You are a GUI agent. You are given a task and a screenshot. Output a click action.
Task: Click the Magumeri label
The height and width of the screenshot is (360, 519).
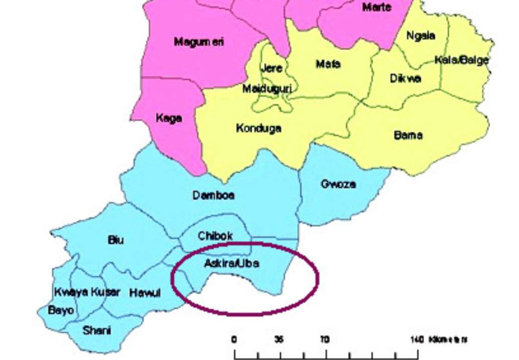pos(198,42)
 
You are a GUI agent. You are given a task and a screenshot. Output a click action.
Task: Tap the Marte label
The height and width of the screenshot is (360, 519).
pos(376,7)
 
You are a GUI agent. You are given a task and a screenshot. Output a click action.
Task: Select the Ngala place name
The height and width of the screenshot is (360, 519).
pos(421,36)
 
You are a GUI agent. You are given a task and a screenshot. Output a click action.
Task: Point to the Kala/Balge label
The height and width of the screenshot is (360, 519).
pos(461,60)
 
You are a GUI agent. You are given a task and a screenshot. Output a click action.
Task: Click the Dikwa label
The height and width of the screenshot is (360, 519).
pos(405,79)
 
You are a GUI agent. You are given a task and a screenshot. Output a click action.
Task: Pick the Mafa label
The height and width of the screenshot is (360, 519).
pos(328,64)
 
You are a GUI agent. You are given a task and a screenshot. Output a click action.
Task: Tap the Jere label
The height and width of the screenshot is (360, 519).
pos(271,68)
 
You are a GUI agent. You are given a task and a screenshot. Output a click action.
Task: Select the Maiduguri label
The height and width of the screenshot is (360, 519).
pos(267,89)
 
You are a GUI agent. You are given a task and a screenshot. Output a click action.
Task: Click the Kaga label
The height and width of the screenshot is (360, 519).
pos(169,118)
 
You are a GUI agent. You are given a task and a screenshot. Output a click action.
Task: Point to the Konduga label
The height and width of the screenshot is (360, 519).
pos(259,129)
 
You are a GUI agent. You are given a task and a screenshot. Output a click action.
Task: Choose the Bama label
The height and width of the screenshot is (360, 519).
pos(408,135)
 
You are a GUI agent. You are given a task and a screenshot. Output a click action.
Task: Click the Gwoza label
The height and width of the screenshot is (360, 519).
pos(338,184)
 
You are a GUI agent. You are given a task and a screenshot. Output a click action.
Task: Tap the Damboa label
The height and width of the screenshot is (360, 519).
pos(214,196)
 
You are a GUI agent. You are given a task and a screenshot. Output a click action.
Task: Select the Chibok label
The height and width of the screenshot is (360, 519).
pos(215,236)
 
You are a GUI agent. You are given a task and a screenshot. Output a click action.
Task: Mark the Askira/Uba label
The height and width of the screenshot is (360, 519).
pos(231,264)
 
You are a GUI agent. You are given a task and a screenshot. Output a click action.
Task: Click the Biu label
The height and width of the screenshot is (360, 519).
pos(116,240)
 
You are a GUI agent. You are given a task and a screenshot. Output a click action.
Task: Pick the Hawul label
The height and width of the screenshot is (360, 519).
pos(145,293)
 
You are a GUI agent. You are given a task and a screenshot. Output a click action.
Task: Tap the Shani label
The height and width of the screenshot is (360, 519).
pos(97,330)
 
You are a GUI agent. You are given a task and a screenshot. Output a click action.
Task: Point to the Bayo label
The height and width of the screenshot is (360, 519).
pos(61,310)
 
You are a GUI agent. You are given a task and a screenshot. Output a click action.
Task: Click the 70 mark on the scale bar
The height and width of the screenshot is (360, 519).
pos(325,340)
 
